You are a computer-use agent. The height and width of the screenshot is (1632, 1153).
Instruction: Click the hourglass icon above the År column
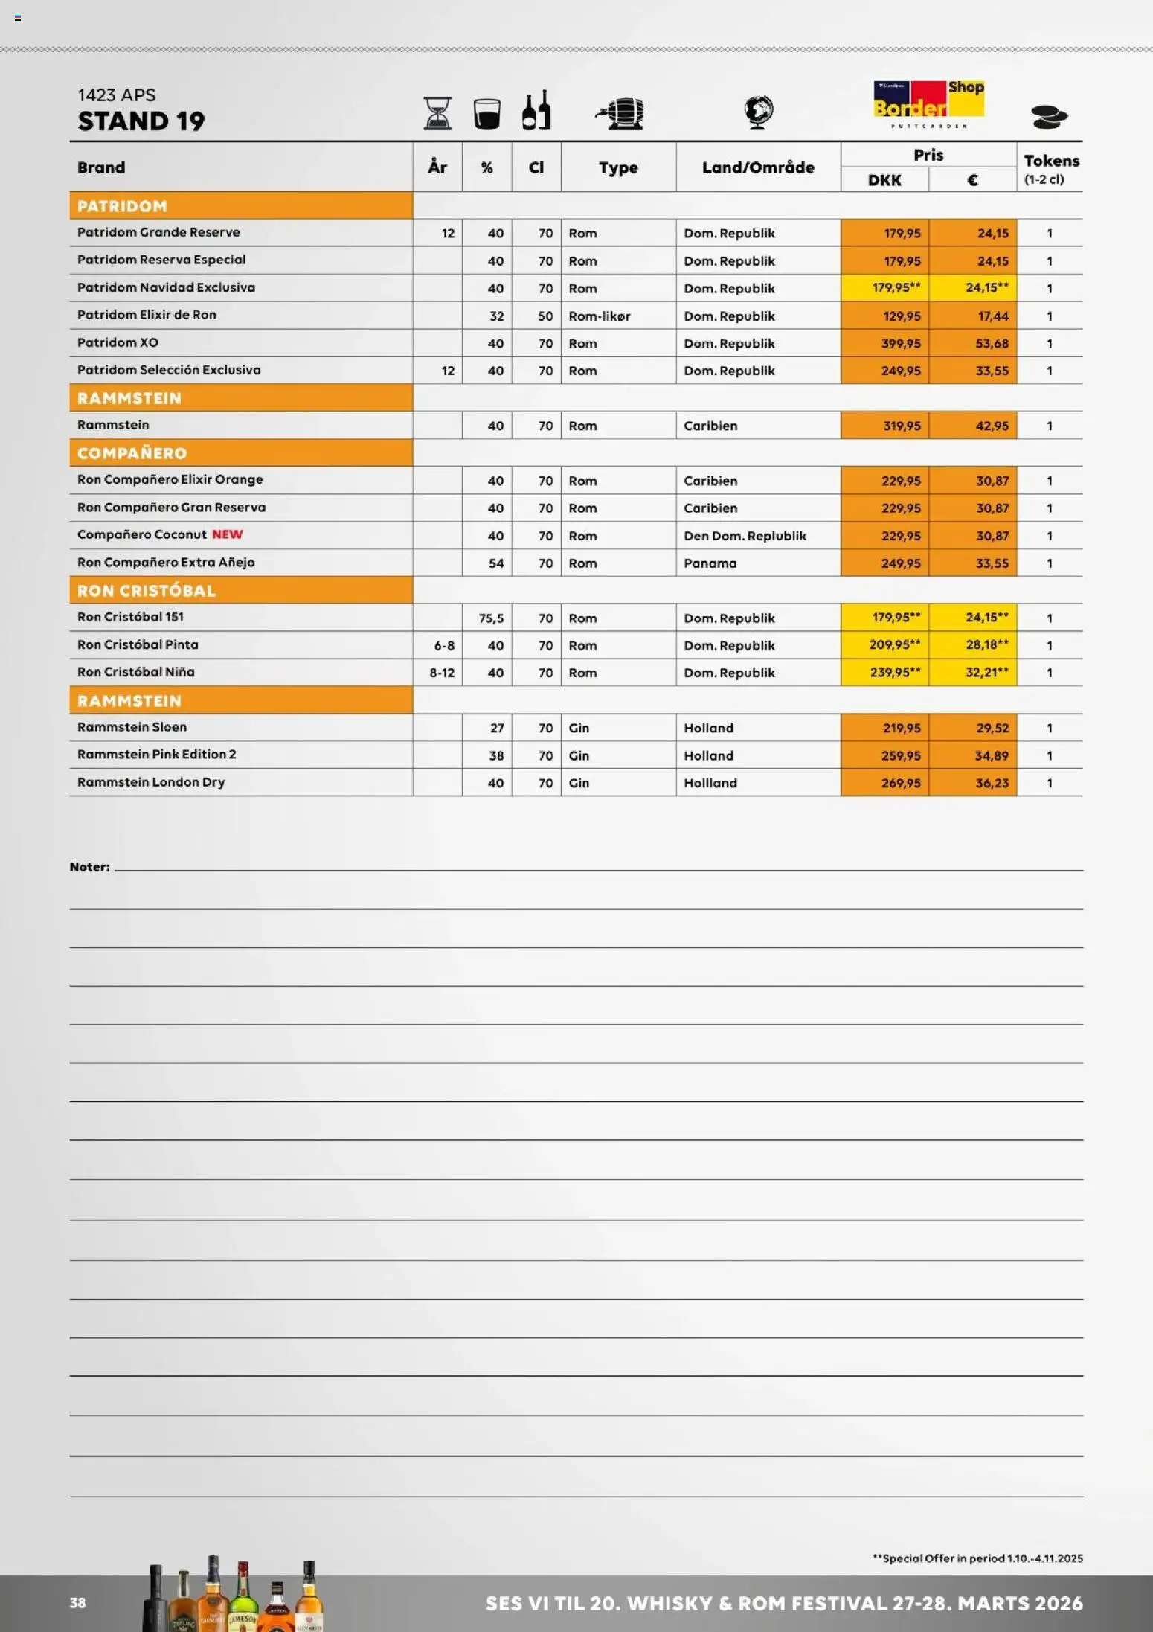click(437, 113)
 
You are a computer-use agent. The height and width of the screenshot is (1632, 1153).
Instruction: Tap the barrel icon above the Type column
click(620, 113)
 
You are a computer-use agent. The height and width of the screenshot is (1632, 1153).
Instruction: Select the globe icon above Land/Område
click(759, 112)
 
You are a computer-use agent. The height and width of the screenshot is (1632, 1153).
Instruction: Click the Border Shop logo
click(928, 103)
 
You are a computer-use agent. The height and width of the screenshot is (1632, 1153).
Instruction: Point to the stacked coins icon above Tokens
click(1049, 117)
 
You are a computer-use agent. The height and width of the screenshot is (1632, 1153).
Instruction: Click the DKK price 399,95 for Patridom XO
click(901, 343)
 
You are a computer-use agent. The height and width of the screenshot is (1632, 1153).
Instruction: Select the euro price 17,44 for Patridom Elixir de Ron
click(992, 316)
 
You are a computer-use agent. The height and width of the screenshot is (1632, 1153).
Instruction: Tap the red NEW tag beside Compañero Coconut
click(228, 534)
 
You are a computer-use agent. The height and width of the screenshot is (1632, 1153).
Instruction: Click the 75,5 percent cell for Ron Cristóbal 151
click(491, 618)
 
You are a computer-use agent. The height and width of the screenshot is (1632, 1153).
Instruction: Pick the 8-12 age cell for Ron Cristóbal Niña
click(442, 673)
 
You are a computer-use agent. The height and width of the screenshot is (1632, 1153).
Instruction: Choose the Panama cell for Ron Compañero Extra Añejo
click(710, 563)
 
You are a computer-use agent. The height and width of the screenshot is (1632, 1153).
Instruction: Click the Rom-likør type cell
click(600, 316)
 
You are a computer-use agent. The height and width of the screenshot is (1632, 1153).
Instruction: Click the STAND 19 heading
click(141, 121)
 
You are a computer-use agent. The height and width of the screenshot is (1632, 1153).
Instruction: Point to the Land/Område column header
click(758, 167)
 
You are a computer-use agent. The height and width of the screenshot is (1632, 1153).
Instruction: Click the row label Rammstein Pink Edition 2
click(157, 755)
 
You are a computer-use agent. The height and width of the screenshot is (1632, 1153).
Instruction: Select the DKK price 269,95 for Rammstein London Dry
click(901, 783)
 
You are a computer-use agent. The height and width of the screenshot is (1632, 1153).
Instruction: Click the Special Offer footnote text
click(977, 1558)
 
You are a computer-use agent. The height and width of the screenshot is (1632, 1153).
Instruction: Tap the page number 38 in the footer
click(78, 1603)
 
